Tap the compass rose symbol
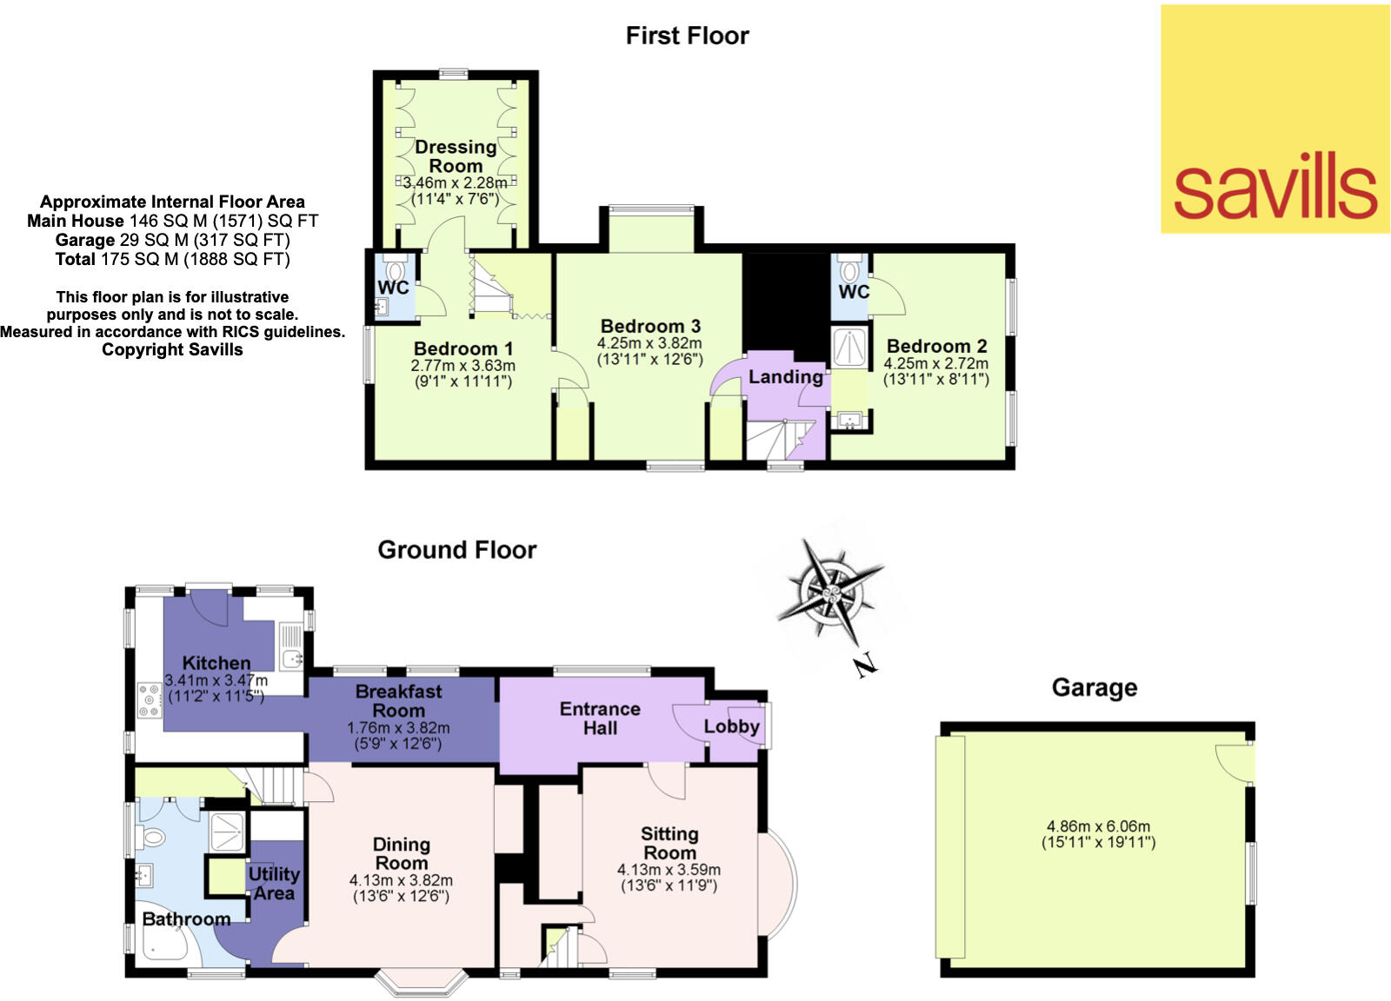pos(830,594)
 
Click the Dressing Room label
pos(456,156)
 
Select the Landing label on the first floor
pos(786,377)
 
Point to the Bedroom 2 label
pos(936,346)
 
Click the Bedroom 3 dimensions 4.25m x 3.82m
pos(649,344)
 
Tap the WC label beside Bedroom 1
pos(393,288)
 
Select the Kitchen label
pos(216,663)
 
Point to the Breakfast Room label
pos(399,700)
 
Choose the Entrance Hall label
pos(600,718)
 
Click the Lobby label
pos(731,726)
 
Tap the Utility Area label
pos(274,883)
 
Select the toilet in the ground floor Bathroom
pos(152,838)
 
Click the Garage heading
pos(1094,688)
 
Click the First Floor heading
pos(687,36)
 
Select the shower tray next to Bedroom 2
pos(849,348)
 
